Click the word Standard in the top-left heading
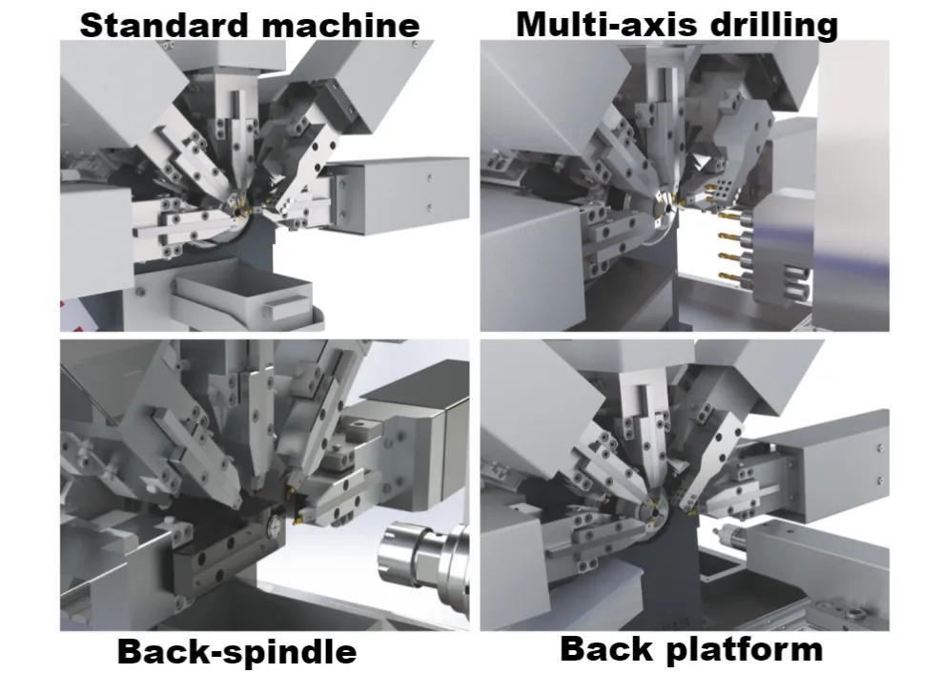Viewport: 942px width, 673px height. (164, 25)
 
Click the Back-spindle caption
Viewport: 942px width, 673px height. (236, 651)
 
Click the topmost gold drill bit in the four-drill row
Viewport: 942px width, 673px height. (730, 214)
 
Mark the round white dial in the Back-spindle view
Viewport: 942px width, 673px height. (276, 522)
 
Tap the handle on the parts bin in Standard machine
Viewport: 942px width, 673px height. (287, 306)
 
